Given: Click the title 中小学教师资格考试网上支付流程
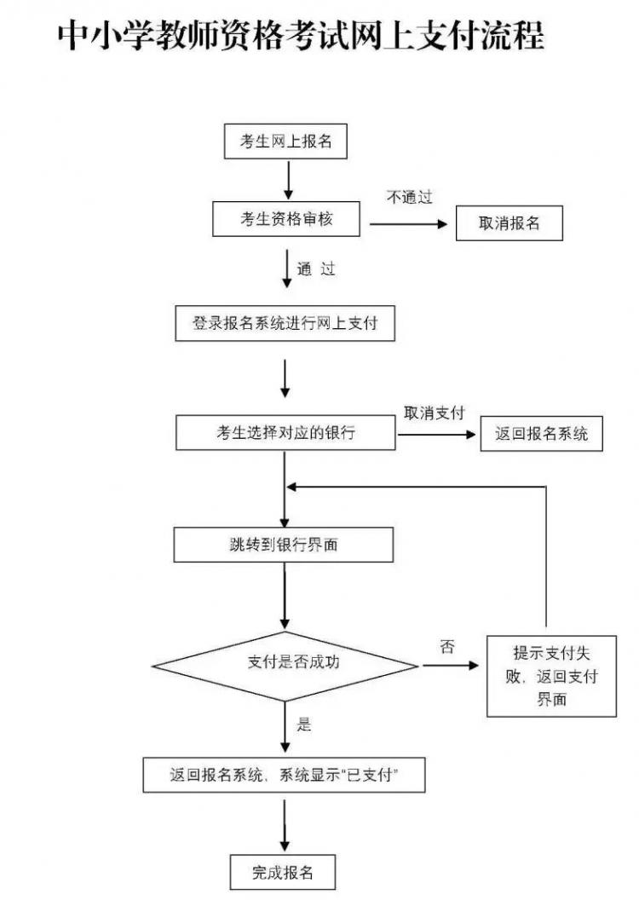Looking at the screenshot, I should [x=301, y=37].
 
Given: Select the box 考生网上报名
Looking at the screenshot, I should [x=285, y=142].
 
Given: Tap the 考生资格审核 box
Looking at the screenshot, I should [x=286, y=220].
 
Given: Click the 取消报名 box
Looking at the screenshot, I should [x=509, y=223].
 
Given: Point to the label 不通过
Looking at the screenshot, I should [x=409, y=198].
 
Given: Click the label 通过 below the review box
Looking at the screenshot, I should [x=316, y=269].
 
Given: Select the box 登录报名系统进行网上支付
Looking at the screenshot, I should [x=285, y=324].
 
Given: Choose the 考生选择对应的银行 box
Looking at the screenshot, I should [x=285, y=433].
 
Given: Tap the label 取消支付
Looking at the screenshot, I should [x=434, y=413].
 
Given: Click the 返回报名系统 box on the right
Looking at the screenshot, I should [x=541, y=433].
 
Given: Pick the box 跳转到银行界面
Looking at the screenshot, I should [x=284, y=545].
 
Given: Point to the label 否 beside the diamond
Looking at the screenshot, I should [x=447, y=646].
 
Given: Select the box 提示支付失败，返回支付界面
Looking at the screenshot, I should [x=550, y=677].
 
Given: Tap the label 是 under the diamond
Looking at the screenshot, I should [x=304, y=725].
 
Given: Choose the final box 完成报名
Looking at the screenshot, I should [x=283, y=872].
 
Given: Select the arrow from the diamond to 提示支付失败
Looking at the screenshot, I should [x=451, y=663].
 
